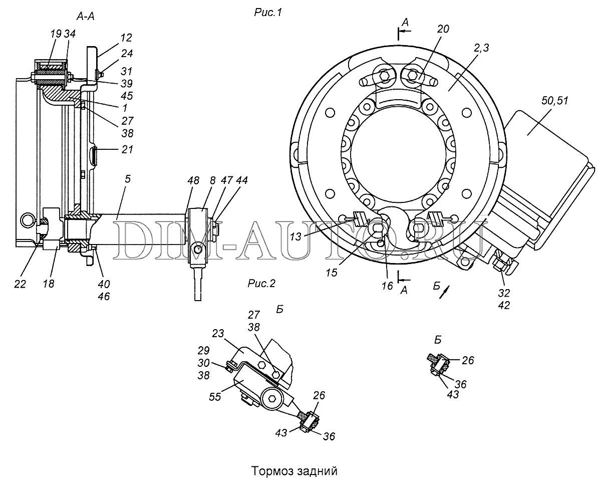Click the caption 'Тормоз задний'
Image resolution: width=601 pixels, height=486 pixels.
[x=294, y=471]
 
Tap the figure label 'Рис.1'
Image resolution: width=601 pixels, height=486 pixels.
[x=268, y=13]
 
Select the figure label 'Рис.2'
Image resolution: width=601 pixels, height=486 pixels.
[x=261, y=284]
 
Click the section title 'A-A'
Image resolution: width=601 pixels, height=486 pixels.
[x=85, y=17]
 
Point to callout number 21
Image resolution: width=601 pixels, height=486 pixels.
[x=127, y=149]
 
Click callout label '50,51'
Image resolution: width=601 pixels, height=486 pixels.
[x=554, y=101]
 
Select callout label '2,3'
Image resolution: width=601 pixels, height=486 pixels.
[x=481, y=48]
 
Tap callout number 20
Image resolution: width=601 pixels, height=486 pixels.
[x=443, y=29]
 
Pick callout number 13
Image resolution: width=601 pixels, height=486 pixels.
[x=295, y=236]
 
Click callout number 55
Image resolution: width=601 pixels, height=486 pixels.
[x=215, y=397]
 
